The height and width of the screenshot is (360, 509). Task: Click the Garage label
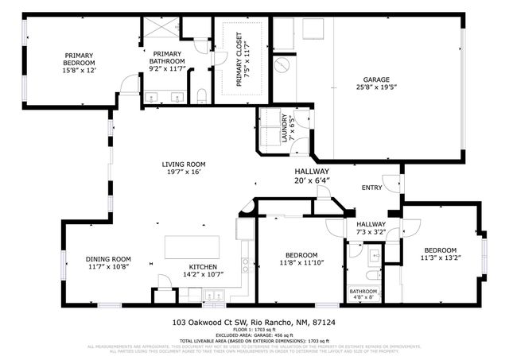[x=376, y=80]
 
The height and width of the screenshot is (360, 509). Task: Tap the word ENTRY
[x=371, y=188]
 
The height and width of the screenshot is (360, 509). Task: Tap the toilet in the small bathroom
[x=371, y=276]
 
